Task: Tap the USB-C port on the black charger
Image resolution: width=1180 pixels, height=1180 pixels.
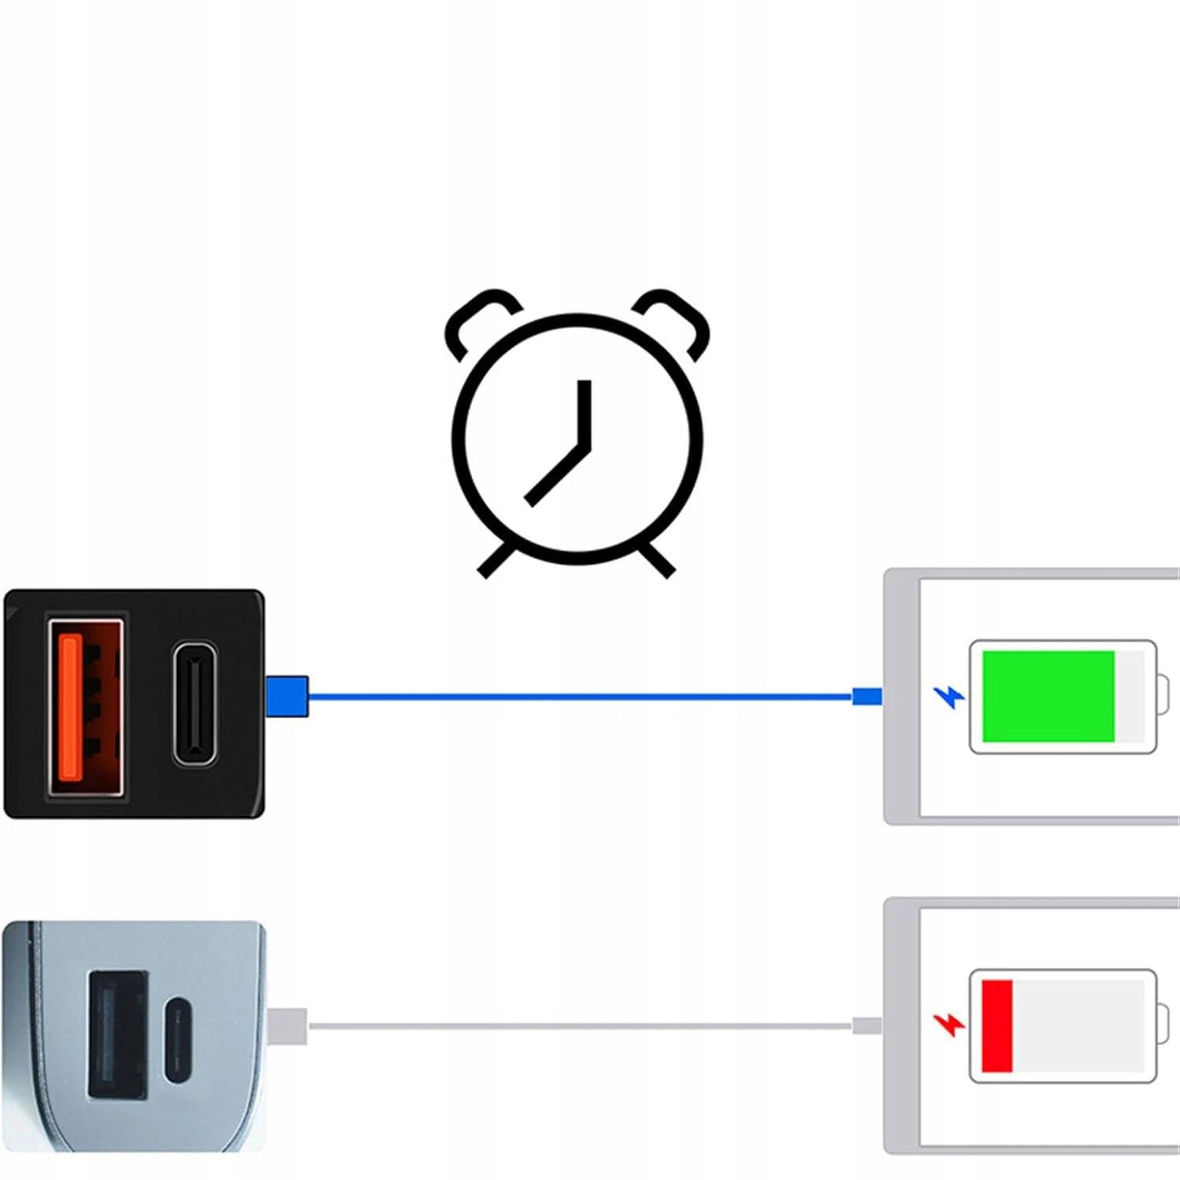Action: [194, 703]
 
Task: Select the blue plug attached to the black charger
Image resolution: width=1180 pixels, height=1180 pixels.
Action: [286, 696]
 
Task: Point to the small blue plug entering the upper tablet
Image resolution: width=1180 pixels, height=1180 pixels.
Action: [867, 696]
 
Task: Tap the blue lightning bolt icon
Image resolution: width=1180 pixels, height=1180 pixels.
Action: [949, 697]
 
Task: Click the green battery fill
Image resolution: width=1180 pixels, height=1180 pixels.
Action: [1048, 696]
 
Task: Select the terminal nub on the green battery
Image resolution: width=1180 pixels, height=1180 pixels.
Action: [1163, 696]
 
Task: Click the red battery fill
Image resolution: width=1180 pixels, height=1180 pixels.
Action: [997, 1026]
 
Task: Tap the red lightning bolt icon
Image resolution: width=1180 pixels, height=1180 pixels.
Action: [949, 1024]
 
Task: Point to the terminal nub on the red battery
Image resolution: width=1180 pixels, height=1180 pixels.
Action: [1163, 1026]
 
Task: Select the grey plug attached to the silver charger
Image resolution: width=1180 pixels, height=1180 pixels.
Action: [286, 1026]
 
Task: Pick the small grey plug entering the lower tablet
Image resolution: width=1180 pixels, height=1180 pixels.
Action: [867, 1026]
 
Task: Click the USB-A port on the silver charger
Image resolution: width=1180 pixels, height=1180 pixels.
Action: [117, 1034]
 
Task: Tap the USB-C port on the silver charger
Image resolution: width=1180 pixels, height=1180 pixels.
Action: [179, 1041]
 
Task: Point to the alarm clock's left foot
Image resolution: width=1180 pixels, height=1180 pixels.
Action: [496, 562]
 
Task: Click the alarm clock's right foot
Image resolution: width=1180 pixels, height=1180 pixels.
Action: [657, 561]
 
